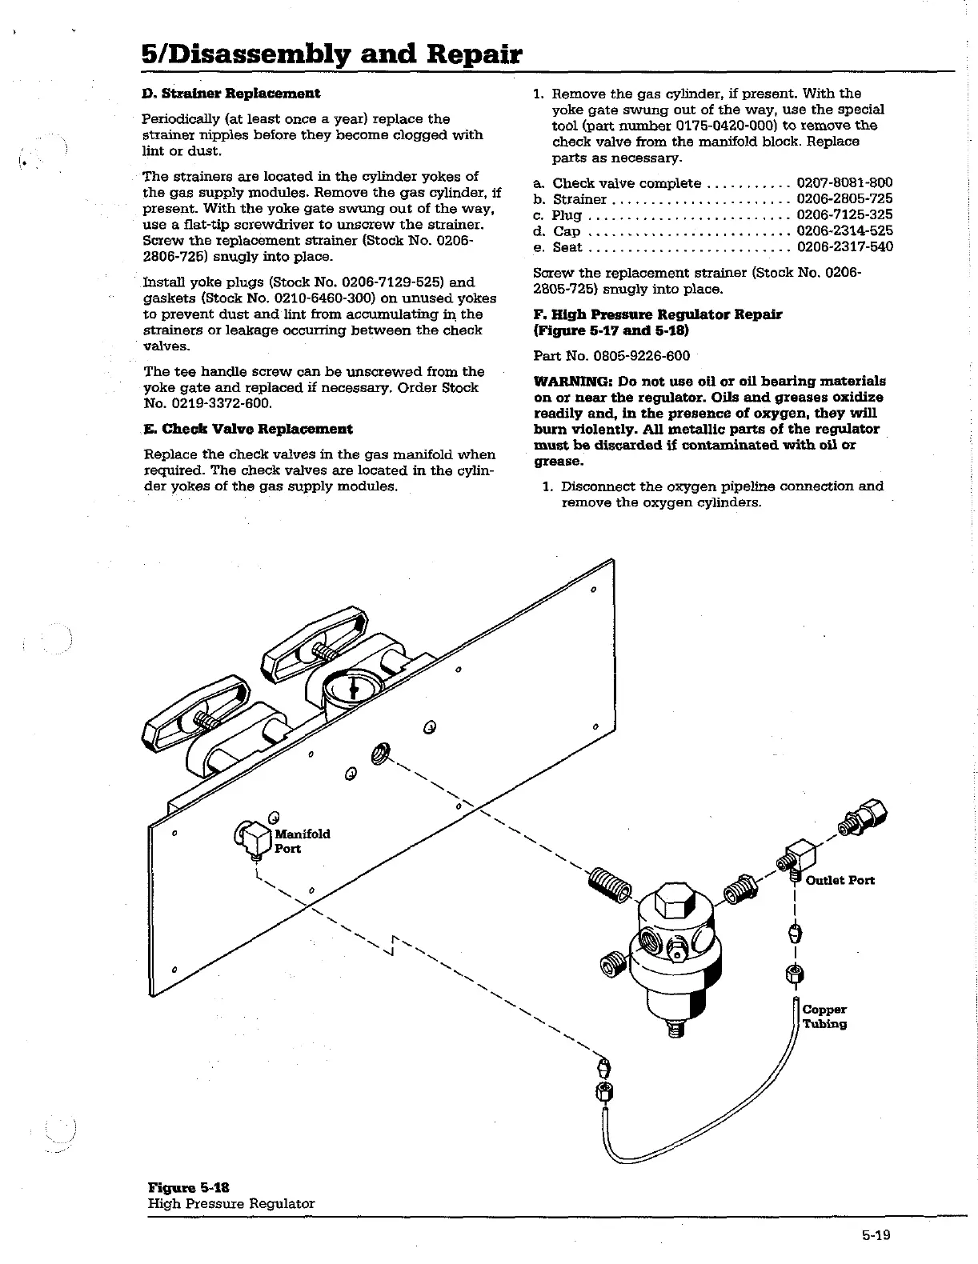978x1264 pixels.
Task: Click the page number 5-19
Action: click(876, 1234)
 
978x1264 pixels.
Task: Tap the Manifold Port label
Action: click(302, 841)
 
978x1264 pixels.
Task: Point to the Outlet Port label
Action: click(840, 880)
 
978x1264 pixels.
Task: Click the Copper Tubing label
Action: click(824, 1017)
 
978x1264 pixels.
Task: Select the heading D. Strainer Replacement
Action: click(230, 93)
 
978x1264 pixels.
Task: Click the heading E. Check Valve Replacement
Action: click(247, 429)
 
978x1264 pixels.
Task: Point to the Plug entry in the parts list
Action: click(567, 215)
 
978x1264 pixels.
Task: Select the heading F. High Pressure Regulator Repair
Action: click(658, 314)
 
